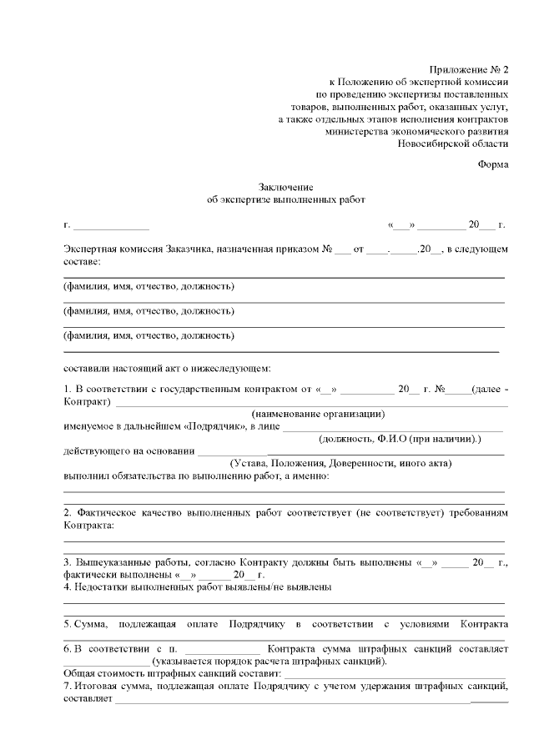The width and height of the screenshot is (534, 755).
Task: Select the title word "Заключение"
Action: [285, 188]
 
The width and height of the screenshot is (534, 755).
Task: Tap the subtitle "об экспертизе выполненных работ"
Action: [285, 200]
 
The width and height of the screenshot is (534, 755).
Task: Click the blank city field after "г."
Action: [112, 226]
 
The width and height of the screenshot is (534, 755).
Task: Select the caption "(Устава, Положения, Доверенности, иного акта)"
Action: [340, 463]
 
